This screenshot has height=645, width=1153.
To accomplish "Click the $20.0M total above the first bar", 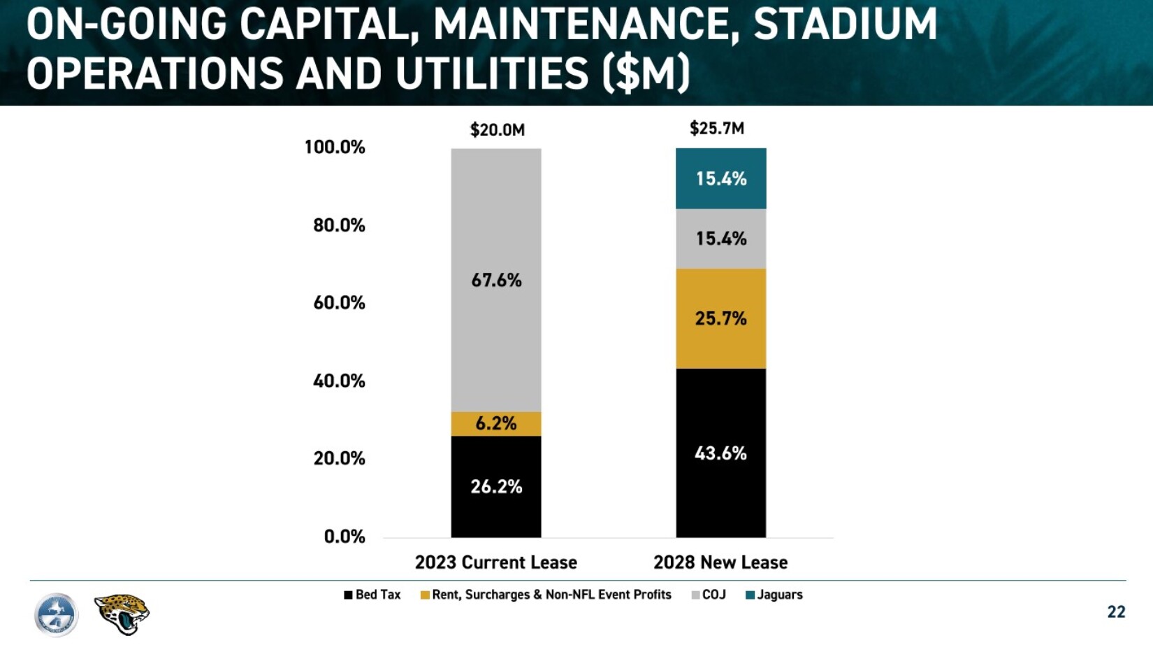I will tap(497, 130).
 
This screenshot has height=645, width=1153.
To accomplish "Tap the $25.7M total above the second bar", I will tap(717, 129).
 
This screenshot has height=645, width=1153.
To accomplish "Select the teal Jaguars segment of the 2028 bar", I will tap(720, 178).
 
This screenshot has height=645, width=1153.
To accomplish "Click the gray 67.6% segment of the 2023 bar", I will tap(496, 280).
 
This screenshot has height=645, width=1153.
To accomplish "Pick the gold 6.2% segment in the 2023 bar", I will tap(496, 424).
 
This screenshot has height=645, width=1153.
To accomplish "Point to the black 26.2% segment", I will tap(496, 487).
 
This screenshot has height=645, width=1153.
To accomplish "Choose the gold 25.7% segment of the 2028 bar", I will tap(720, 319).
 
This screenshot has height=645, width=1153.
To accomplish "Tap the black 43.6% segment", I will tap(720, 453).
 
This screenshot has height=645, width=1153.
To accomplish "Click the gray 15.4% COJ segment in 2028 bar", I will tap(720, 239).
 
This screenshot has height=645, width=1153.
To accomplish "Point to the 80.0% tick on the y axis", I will tap(339, 225).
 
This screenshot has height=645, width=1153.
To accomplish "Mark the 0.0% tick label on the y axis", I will tap(345, 537).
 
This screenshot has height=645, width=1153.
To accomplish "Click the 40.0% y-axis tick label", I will tap(339, 381).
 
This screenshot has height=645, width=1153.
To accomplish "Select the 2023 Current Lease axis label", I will tap(496, 562).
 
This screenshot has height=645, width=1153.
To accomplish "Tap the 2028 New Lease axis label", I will tap(720, 562).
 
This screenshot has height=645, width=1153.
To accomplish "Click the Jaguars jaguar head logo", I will tap(122, 614).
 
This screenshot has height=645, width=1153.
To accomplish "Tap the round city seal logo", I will tap(56, 615).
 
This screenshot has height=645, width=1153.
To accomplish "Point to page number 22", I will tap(1116, 612).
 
